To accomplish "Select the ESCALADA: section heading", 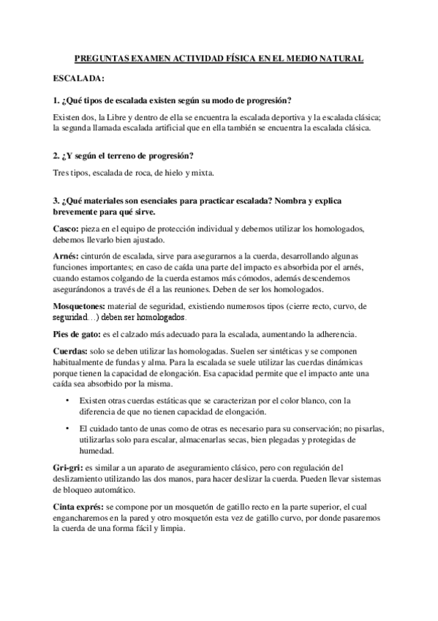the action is (x=79, y=78).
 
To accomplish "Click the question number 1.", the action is (x=56, y=100).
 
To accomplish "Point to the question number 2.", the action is (x=56, y=156).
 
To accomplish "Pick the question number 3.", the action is (x=56, y=200).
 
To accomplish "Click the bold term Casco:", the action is (x=67, y=229).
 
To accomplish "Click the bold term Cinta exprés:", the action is (x=79, y=507).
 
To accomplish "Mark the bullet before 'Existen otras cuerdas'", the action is (x=67, y=400).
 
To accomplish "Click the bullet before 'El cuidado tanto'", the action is (x=67, y=428).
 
